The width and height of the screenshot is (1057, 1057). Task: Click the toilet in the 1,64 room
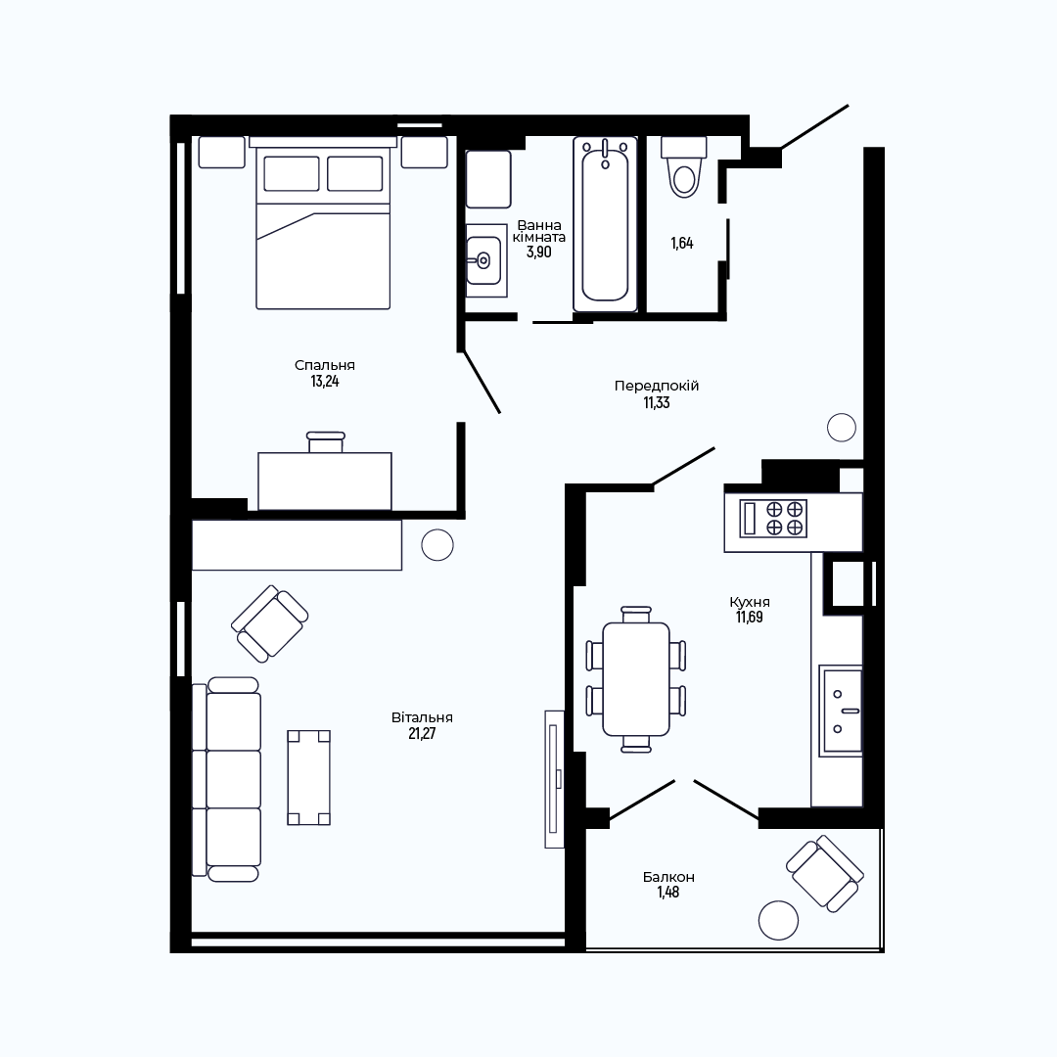(684, 167)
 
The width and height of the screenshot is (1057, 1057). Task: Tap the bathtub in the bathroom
(606, 224)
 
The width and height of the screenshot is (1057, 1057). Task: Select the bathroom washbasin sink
(484, 260)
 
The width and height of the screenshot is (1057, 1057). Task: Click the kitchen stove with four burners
(773, 519)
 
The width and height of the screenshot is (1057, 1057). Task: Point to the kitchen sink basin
(841, 711)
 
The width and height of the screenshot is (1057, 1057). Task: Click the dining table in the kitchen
(636, 679)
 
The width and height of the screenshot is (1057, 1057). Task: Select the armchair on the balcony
(825, 874)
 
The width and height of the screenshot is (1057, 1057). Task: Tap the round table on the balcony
(779, 920)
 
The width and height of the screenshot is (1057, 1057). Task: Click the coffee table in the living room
(308, 777)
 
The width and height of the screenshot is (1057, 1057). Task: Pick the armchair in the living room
(270, 623)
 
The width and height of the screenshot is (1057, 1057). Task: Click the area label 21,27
(422, 733)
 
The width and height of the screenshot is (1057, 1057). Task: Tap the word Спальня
(325, 365)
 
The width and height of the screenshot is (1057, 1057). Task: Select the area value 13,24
(325, 382)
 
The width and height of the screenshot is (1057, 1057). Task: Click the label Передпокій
(657, 387)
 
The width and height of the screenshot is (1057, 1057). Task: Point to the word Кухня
(750, 602)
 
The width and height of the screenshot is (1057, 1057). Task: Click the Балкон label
(668, 877)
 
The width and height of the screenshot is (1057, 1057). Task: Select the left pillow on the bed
(292, 174)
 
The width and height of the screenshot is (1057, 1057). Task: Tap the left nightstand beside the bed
(222, 153)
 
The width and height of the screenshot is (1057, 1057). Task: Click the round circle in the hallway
(842, 428)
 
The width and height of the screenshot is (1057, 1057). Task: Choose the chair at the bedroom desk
(326, 442)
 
